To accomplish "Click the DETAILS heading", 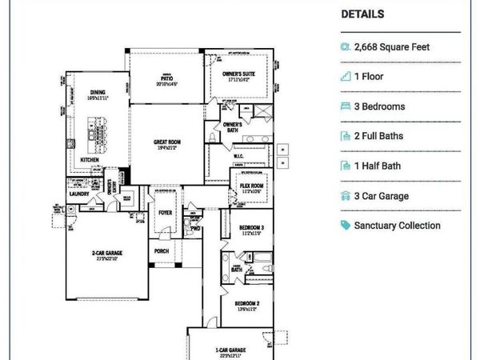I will (x=362, y=14).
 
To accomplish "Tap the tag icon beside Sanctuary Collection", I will (x=346, y=226).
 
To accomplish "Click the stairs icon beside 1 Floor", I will (x=346, y=77).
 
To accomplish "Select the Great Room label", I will (x=167, y=142).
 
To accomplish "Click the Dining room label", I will (x=98, y=92).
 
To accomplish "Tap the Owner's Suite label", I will (x=239, y=74).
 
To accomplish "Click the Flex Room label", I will (x=250, y=185).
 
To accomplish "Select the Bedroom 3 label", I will (x=251, y=229).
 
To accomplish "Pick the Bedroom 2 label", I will (x=246, y=303).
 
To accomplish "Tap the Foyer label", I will (x=165, y=214).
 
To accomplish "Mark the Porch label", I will (x=161, y=250).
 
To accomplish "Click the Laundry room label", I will (x=80, y=193).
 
